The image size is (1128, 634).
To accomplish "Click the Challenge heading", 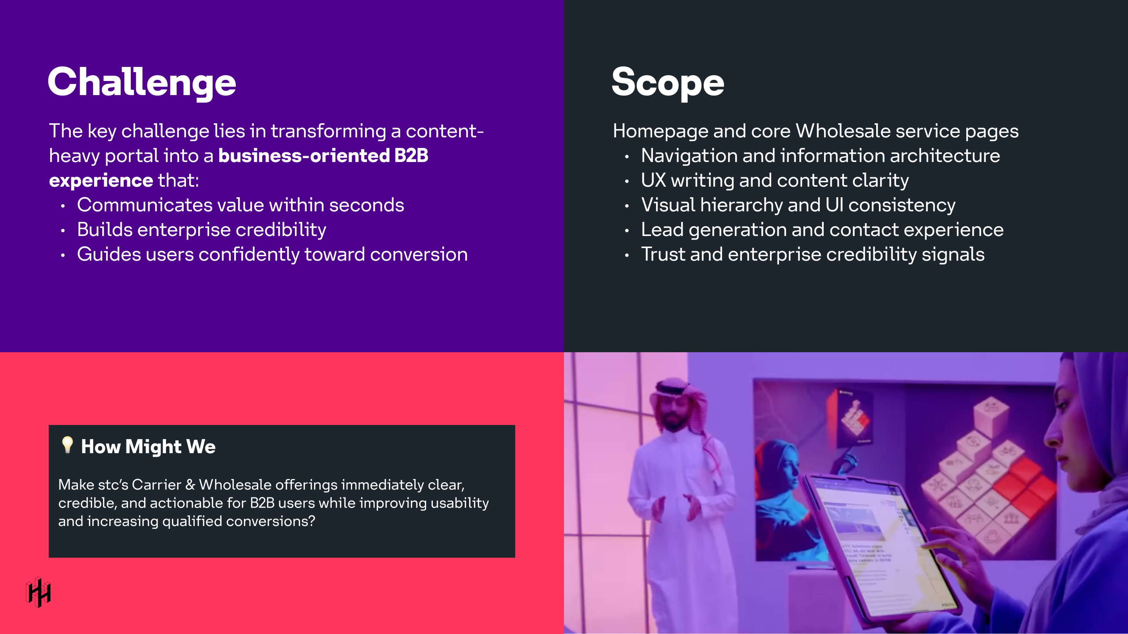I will point(141,82).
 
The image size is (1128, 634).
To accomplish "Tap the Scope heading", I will point(667,82).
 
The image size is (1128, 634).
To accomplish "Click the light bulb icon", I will point(67,445).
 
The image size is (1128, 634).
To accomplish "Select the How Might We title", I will point(148,447).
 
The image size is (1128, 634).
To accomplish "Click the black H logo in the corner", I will point(38,593).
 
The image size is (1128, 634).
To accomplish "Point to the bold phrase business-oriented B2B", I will point(323,156).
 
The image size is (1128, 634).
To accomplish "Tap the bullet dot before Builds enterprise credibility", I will point(63,231).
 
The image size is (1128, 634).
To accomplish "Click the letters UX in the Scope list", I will point(653,181).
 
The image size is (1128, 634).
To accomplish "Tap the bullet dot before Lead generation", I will point(627,231).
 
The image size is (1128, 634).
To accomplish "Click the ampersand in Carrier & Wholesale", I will point(190,485).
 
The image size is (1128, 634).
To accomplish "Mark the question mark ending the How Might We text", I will point(312,521).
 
